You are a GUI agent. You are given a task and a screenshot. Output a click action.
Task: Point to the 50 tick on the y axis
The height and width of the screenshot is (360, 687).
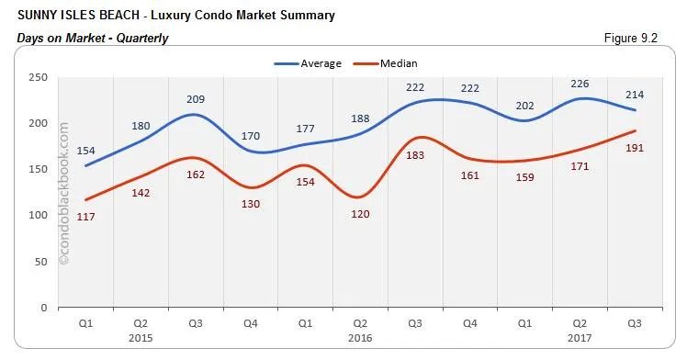pyautogui.click(x=40, y=262)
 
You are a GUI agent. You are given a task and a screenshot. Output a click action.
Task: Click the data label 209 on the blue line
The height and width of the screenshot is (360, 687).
pyautogui.click(x=195, y=98)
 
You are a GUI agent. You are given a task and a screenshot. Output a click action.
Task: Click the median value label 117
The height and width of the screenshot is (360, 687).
pyautogui.click(x=84, y=216)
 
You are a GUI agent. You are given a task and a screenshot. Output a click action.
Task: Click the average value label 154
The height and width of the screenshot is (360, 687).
pyautogui.click(x=84, y=150)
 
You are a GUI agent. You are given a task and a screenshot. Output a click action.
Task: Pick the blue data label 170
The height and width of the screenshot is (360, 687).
pyautogui.click(x=250, y=136)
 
